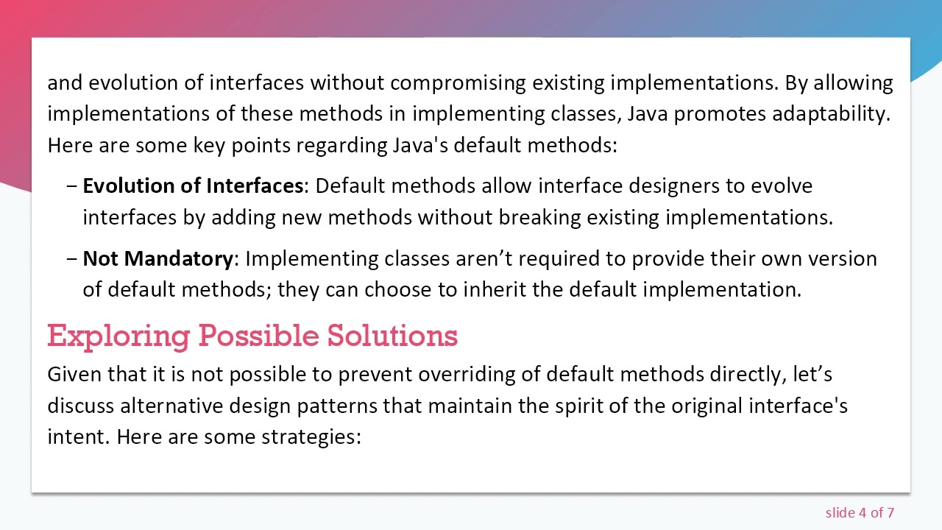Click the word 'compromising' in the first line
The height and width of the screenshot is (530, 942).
pos(458,83)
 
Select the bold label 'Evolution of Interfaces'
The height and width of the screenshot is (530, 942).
pos(193,186)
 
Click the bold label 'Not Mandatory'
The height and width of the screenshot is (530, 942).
pos(157,259)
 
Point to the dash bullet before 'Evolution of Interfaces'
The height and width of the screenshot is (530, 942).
pos(71,186)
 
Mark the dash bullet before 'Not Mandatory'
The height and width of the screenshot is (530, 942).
pos(71,259)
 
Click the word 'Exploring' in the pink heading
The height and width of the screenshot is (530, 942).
pos(118,336)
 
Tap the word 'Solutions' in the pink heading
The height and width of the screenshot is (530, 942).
pos(392,336)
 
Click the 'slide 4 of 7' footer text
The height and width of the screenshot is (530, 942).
pos(860,513)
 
